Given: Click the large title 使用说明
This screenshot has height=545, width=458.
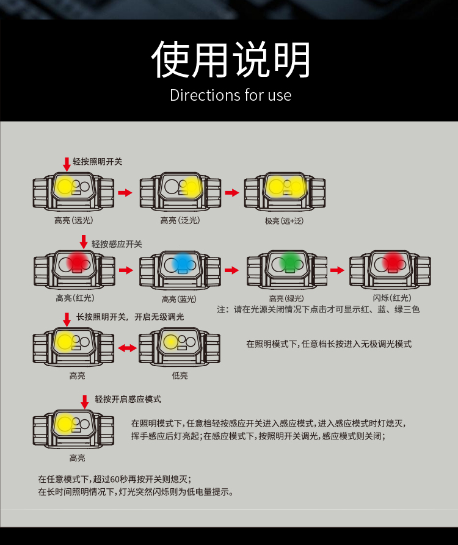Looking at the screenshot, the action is point(231,60).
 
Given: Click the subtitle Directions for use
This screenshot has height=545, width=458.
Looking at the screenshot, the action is point(230,96).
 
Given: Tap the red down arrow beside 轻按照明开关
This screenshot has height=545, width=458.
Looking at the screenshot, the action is point(67,164).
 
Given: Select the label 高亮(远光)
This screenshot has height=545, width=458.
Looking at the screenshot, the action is point(74,220).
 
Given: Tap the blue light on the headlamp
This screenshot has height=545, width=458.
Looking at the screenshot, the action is point(182,264).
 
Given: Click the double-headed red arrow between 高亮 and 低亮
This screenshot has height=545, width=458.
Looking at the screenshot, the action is point(127,348).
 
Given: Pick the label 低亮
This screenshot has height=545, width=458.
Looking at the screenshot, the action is point(180,376).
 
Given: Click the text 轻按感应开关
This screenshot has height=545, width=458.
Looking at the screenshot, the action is point(117,244).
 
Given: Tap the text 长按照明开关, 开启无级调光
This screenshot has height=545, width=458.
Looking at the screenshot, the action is point(130,317).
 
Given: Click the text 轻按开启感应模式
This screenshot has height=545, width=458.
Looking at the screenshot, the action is point(128,399).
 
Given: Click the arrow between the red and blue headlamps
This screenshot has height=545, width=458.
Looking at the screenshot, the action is point(126,270).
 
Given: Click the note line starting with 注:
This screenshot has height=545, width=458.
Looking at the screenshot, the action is point(318,309).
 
